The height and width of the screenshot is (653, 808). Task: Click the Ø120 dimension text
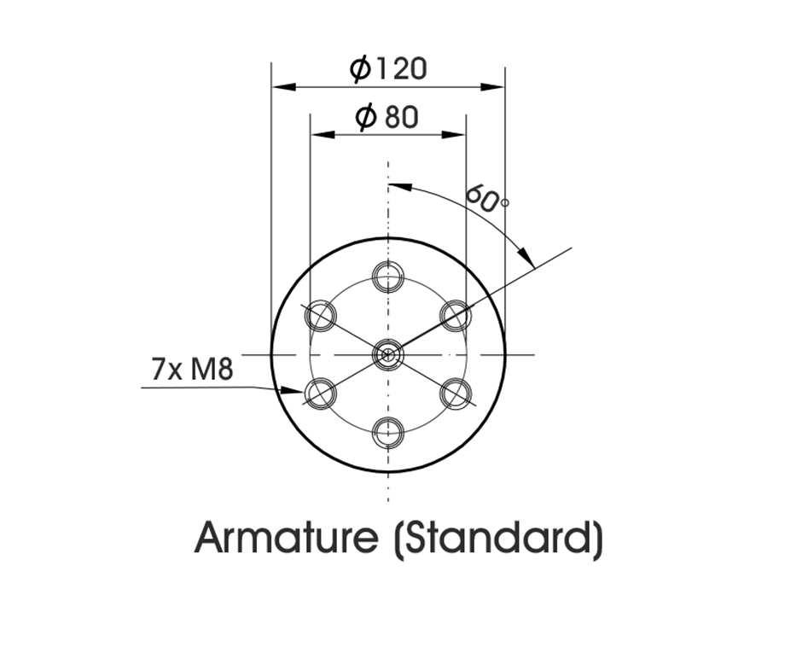(x=388, y=68)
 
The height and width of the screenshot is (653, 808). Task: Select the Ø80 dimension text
(x=387, y=117)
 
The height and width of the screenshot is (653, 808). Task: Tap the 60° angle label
(x=487, y=198)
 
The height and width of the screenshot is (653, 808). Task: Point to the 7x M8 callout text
(x=192, y=369)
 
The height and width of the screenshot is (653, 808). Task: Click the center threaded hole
(x=387, y=354)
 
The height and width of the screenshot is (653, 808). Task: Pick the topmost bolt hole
(x=388, y=277)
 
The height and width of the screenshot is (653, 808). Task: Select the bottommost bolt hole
(x=388, y=433)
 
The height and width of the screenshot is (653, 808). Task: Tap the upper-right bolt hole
(x=456, y=316)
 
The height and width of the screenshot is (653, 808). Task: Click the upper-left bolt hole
(x=321, y=316)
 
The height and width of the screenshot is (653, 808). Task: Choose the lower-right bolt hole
(x=456, y=394)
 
